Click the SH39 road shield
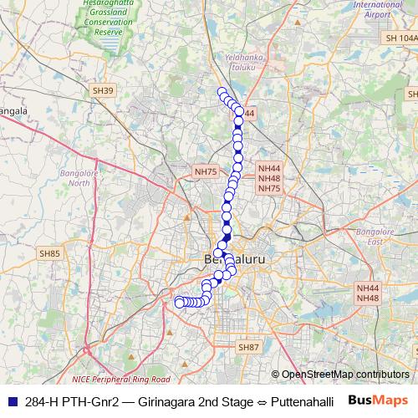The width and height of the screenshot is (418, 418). (103, 89)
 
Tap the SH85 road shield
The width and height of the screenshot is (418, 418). (49, 252)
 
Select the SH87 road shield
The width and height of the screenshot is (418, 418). (248, 346)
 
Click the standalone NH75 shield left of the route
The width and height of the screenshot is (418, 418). (205, 171)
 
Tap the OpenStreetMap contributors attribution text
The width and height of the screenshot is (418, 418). (344, 375)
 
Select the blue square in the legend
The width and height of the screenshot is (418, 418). (12, 402)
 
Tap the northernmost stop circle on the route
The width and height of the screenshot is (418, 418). (222, 92)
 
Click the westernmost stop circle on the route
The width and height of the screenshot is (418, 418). (178, 302)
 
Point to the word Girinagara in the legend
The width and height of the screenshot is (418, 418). (161, 402)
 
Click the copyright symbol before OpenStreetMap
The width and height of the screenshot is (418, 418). (275, 375)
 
